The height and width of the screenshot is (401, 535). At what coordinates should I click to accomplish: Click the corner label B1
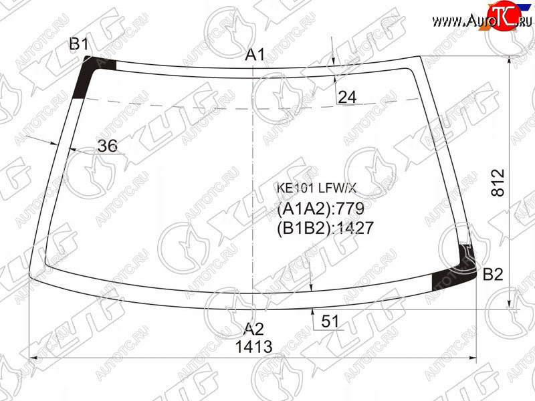pos(79,44)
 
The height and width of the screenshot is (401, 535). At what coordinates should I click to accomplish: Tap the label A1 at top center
pos(255,55)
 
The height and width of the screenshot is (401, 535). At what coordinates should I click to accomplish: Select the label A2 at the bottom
pos(254,329)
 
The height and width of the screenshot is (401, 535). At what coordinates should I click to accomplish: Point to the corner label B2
pos(493,274)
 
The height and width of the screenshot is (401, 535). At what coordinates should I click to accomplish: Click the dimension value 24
pos(347,97)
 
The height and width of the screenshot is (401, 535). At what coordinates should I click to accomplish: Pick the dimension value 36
pos(107,146)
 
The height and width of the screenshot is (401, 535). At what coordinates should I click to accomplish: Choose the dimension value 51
pos(330,321)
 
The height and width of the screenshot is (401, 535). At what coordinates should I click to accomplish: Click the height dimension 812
pos(498,182)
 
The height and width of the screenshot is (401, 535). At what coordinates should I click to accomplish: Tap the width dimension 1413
pos(254,347)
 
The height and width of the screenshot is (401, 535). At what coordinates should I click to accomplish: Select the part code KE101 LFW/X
pos(316,188)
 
